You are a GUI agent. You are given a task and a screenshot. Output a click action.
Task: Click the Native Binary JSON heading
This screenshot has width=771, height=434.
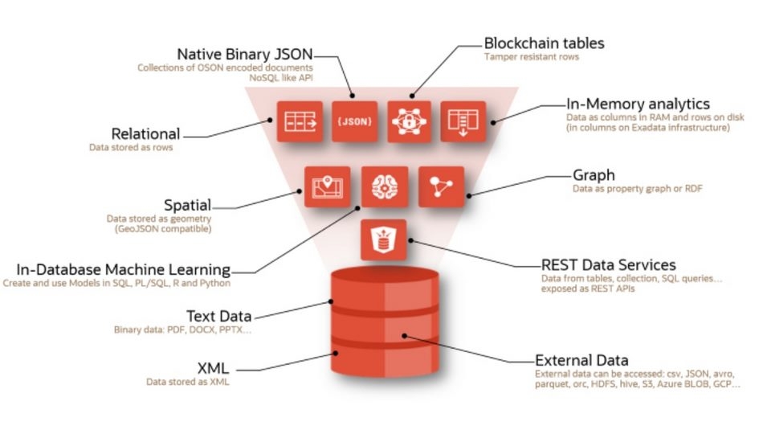click(x=245, y=54)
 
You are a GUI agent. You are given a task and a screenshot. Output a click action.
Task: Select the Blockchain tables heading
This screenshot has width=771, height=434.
click(x=544, y=43)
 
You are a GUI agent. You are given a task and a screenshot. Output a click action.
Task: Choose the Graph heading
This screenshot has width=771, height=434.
click(x=594, y=175)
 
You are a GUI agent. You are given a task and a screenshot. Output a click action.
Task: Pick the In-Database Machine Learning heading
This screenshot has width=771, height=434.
click(x=124, y=269)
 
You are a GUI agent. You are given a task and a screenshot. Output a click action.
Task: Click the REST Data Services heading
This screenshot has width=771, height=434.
click(x=609, y=264)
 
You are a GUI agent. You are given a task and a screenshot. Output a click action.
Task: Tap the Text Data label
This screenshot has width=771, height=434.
click(x=218, y=316)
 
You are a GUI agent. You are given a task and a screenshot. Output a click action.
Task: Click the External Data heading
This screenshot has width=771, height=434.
click(x=581, y=359)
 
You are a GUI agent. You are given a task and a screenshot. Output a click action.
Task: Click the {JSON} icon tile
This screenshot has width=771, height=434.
click(x=354, y=121)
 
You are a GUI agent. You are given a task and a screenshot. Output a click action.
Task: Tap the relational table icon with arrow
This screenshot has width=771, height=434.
click(x=300, y=121)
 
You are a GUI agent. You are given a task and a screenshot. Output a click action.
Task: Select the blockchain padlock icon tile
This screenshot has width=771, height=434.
click(x=410, y=121)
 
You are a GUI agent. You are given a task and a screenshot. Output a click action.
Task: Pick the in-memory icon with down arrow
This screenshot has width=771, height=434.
click(x=463, y=121)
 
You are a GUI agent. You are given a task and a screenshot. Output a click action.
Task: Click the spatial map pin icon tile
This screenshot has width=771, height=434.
click(x=327, y=187)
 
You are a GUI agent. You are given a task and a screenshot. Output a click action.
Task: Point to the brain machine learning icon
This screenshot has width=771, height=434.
click(x=384, y=187)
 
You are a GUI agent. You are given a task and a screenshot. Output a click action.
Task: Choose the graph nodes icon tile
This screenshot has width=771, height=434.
click(x=441, y=187)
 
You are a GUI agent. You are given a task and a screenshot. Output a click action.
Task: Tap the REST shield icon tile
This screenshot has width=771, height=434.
click(x=384, y=240)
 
